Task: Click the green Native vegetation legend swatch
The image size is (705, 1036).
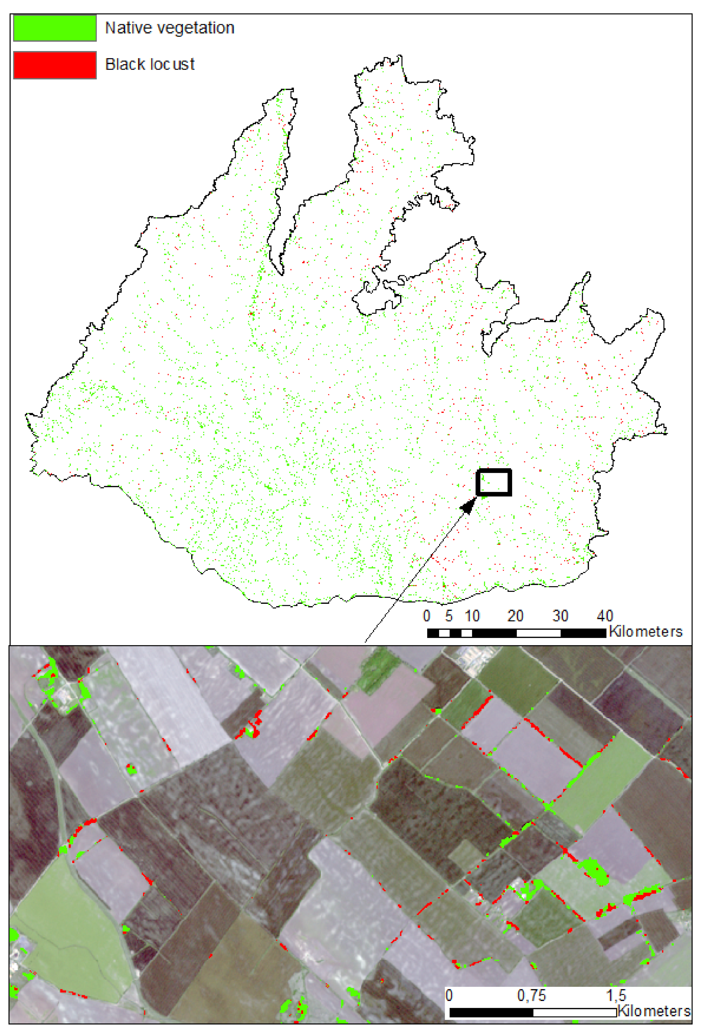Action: [55, 28]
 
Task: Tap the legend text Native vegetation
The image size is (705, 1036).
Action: [169, 28]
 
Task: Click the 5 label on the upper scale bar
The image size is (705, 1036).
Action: [449, 616]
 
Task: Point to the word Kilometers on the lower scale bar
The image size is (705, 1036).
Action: [654, 1011]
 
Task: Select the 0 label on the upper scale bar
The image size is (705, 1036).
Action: [427, 616]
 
